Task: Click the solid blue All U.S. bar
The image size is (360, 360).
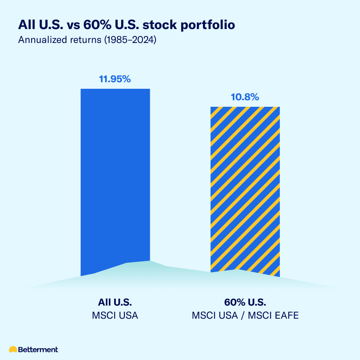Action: point(115,176)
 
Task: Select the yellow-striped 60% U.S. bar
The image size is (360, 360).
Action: point(245,188)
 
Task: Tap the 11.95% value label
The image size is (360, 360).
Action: point(115,79)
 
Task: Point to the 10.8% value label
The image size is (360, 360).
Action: point(245,97)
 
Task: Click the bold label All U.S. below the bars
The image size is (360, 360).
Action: point(115,303)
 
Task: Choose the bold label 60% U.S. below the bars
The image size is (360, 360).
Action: point(245,303)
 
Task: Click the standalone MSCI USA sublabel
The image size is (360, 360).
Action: point(115,316)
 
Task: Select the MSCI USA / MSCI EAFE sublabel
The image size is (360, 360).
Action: point(245,316)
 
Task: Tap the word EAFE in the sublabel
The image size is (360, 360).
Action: point(287,316)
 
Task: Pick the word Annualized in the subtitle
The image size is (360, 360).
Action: point(37,41)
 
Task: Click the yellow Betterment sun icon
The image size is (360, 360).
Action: point(13,349)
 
